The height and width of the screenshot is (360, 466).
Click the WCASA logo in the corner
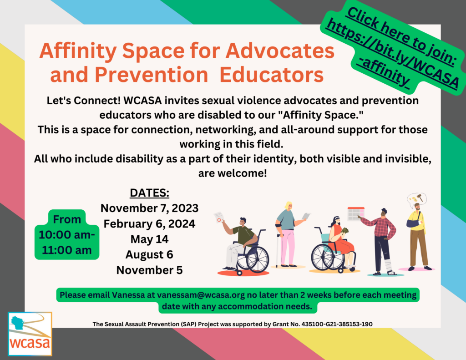[x=30, y=334]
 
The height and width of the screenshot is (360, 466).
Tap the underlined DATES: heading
[x=149, y=193]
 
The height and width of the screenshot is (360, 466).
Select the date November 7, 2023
[x=149, y=208]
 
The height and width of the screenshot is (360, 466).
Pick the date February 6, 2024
[x=149, y=223]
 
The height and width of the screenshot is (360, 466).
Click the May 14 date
[x=149, y=239]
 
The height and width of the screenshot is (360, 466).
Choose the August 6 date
[x=149, y=254]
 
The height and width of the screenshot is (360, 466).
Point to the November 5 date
[x=149, y=270]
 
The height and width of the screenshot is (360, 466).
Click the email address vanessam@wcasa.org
[x=201, y=295]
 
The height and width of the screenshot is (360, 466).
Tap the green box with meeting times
[x=67, y=234]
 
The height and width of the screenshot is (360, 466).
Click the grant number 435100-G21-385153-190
[x=337, y=324]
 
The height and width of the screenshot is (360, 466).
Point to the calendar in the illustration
[x=356, y=214]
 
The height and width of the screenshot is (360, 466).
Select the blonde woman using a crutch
[x=288, y=234]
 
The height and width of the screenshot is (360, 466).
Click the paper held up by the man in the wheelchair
[x=218, y=218]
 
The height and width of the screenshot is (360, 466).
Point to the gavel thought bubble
[x=417, y=198]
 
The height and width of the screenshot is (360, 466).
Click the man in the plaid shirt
[x=381, y=241]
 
